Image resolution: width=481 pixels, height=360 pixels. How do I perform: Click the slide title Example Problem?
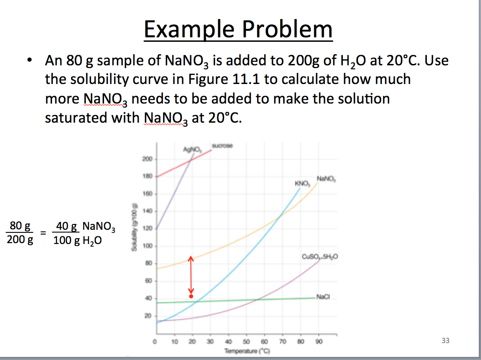(x=238, y=29)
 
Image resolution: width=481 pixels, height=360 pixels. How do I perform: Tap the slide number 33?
(x=445, y=340)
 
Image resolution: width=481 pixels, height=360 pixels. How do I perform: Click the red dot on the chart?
(x=191, y=296)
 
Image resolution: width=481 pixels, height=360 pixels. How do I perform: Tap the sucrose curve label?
(x=223, y=145)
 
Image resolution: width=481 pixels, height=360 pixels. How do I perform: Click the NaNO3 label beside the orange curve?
(x=327, y=179)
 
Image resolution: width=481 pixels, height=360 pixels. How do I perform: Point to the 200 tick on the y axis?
(x=147, y=159)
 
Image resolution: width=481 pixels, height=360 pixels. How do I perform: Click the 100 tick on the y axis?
(x=147, y=246)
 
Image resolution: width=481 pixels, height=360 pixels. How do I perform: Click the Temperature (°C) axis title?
(x=242, y=351)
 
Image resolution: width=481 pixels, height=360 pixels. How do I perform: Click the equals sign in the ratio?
(x=42, y=232)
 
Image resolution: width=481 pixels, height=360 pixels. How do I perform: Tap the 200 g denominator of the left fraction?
(x=20, y=241)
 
